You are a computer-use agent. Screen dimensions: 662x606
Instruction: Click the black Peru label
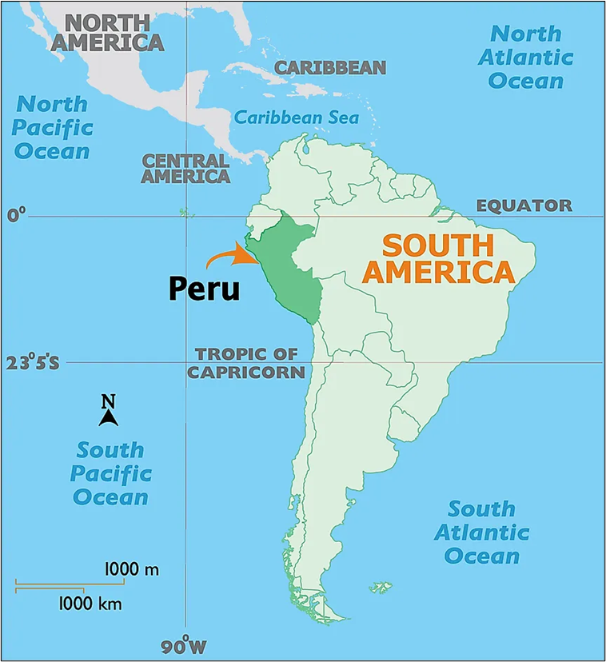point(204,288)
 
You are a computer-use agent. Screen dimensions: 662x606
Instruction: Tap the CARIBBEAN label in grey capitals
point(330,68)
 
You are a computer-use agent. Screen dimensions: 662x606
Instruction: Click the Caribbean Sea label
point(296,118)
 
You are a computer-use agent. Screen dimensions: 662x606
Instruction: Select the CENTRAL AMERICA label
point(185,169)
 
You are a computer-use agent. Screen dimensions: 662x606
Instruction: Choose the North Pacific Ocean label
point(53,126)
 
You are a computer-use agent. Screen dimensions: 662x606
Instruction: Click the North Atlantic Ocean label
point(527,57)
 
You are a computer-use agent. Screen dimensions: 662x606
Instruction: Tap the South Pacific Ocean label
point(110,473)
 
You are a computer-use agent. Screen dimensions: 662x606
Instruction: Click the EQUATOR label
point(524,205)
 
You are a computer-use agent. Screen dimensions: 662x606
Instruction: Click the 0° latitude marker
point(17,214)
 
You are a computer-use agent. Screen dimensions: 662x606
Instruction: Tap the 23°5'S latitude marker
point(33,362)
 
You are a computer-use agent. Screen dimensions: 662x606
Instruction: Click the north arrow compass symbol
point(109,410)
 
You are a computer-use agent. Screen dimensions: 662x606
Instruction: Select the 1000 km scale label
point(90,604)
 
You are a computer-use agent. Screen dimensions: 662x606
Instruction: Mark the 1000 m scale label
point(132,569)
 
